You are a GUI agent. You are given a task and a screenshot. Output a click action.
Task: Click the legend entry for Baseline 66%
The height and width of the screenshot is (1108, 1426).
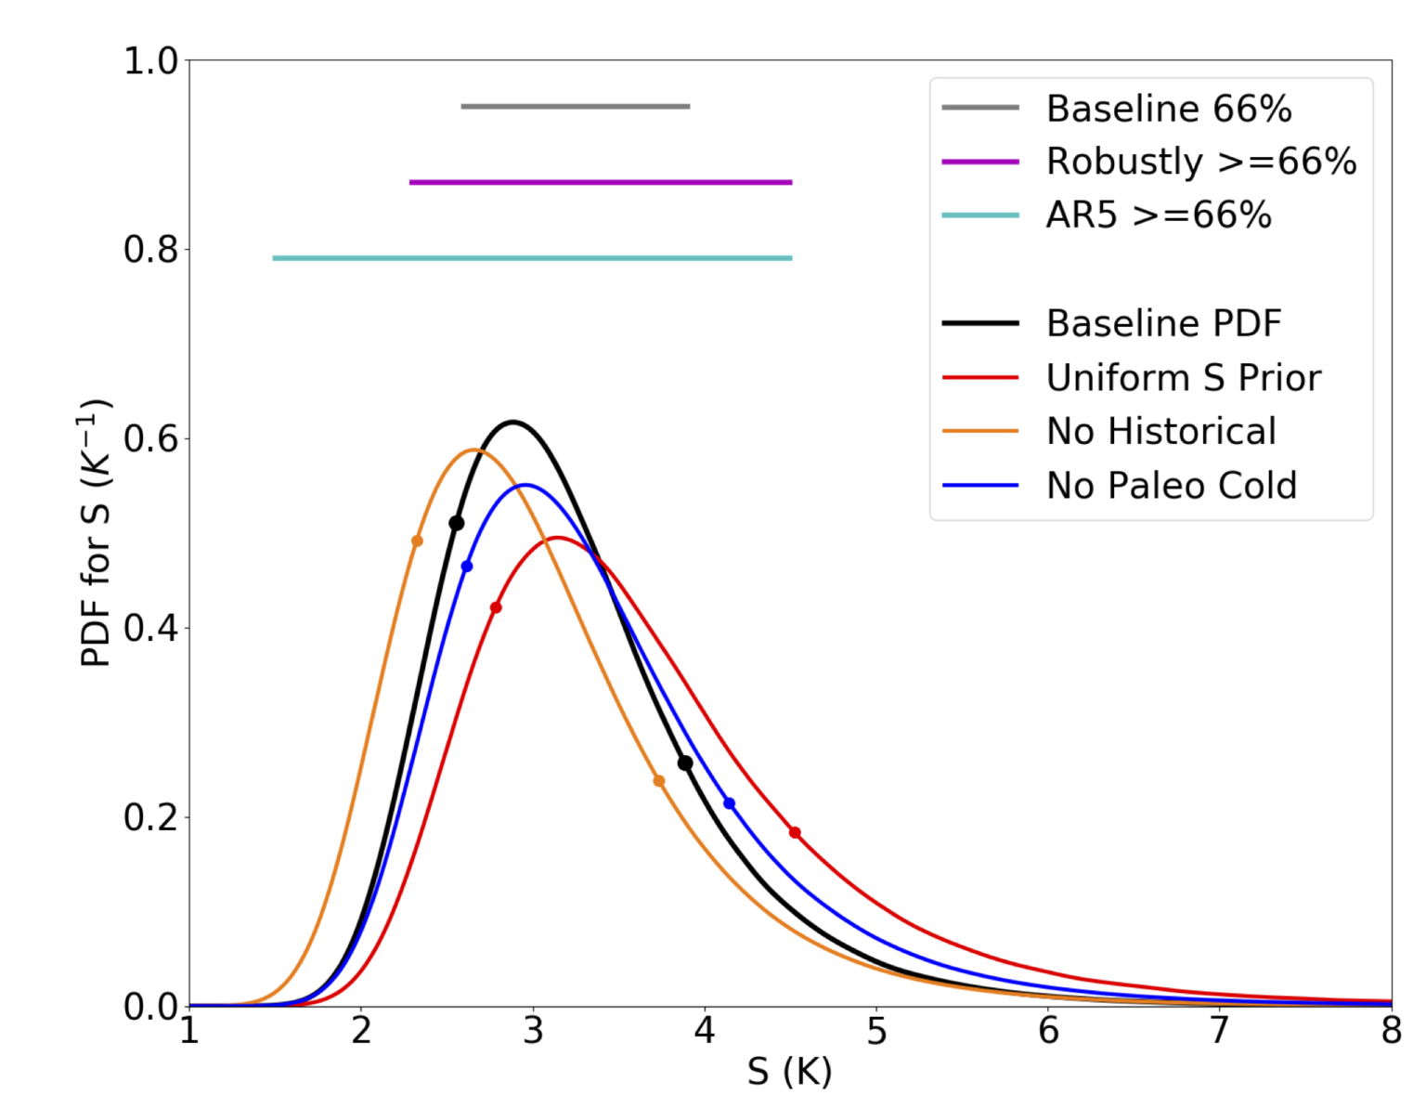(x=1168, y=109)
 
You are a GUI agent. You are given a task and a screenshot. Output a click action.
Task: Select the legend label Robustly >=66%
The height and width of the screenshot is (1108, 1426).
(x=1200, y=162)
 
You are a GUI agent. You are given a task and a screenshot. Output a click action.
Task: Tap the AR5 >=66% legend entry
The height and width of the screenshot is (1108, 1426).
(x=1158, y=215)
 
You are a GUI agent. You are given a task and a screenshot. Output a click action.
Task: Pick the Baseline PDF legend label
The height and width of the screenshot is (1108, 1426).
(x=1162, y=324)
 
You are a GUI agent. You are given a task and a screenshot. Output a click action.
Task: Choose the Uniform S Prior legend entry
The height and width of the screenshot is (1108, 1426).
(x=1183, y=378)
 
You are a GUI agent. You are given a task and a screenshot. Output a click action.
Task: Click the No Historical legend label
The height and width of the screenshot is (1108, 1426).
(x=1160, y=432)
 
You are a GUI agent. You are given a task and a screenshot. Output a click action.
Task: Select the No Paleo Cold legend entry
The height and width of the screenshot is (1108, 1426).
(x=1171, y=486)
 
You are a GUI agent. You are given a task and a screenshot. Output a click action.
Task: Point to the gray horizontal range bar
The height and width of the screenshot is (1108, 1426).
(x=576, y=107)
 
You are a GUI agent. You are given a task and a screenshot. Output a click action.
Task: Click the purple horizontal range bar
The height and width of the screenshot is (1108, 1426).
(x=601, y=182)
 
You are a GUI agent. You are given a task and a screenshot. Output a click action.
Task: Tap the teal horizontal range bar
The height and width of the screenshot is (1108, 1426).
(x=532, y=258)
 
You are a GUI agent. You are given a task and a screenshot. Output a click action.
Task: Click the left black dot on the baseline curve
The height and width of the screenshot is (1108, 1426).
(x=456, y=524)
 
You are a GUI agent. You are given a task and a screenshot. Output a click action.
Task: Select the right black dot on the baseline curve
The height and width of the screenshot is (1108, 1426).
(x=685, y=763)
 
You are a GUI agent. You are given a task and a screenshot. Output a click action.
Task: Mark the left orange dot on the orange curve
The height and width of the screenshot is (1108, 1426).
(x=417, y=541)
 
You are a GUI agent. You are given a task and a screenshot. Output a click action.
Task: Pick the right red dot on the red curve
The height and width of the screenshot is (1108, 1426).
(x=795, y=833)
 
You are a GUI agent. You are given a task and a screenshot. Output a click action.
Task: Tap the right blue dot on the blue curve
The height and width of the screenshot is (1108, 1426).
(x=729, y=803)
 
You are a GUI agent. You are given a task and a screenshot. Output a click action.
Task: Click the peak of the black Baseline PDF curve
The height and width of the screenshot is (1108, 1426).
(x=512, y=422)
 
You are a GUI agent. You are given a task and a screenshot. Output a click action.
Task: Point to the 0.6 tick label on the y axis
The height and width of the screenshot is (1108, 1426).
(x=150, y=439)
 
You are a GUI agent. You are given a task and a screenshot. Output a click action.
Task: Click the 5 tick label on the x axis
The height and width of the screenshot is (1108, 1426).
(x=876, y=1032)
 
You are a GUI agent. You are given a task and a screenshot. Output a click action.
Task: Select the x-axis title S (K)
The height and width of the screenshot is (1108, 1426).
(x=789, y=1073)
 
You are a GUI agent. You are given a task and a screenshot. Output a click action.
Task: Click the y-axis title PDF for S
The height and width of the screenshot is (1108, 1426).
(x=96, y=533)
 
